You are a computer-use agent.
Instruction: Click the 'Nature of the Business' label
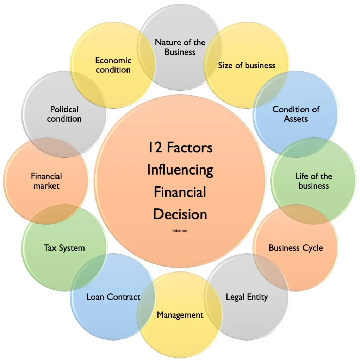180,47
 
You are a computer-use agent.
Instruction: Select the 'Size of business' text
247,65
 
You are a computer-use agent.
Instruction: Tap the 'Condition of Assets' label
296,114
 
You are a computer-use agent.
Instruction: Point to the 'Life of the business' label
314,181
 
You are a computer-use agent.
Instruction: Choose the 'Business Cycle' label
296,248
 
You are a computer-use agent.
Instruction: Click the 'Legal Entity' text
247,297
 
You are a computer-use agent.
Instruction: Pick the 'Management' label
180,315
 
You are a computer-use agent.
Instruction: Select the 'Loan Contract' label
113,297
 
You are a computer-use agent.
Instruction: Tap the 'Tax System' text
64,248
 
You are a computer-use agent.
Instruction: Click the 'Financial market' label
46,181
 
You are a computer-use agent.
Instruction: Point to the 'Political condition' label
64,114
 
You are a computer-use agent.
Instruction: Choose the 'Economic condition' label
113,65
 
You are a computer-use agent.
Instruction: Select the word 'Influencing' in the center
180,170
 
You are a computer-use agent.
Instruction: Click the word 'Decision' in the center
180,214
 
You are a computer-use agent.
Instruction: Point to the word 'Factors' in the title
190,147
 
